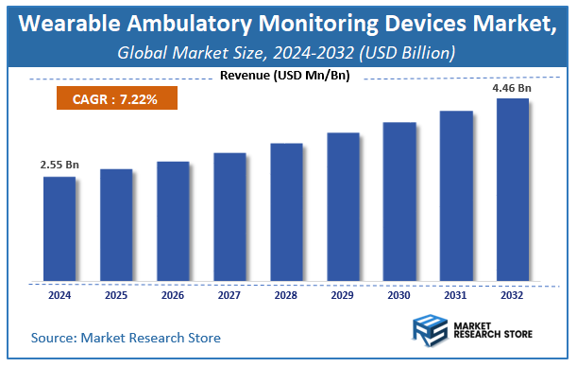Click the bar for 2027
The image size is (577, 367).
click(x=229, y=218)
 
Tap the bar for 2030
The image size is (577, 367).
click(x=399, y=202)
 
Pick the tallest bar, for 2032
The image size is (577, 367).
click(x=513, y=190)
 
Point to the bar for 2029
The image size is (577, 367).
click(x=343, y=208)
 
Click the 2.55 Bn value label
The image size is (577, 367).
click(x=59, y=165)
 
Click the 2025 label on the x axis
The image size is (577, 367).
click(x=116, y=294)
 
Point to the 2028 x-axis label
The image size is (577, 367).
click(x=286, y=294)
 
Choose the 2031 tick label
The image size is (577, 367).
click(x=456, y=294)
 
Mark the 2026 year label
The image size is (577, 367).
click(x=173, y=294)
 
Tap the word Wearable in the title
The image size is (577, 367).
click(x=67, y=26)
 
